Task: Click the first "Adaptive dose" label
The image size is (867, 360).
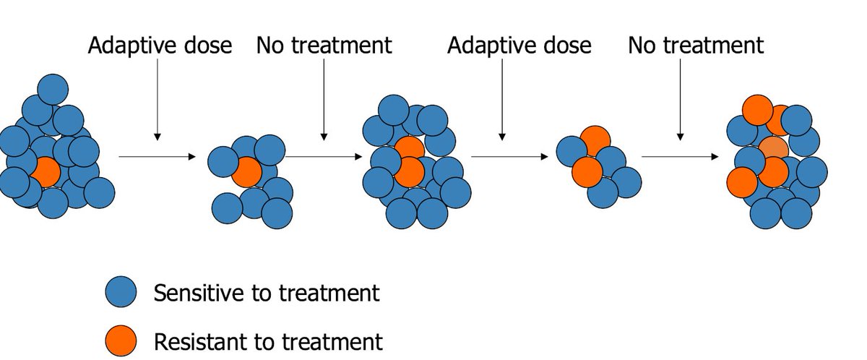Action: tap(160, 46)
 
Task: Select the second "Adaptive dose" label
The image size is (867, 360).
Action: tap(519, 46)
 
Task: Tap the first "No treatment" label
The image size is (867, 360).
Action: tap(324, 46)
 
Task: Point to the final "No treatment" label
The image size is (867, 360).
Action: tap(695, 46)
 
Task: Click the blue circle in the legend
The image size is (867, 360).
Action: tap(121, 293)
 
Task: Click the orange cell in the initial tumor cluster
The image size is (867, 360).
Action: tap(45, 173)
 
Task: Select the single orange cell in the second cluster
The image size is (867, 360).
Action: tap(246, 172)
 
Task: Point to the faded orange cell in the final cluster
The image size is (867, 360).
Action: tap(772, 150)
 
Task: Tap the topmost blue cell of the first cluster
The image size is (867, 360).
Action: tap(53, 90)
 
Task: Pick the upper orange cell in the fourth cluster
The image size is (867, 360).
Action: tap(595, 140)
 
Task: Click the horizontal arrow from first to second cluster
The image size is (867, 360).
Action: tap(157, 156)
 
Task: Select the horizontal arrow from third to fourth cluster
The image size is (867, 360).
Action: tap(509, 156)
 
